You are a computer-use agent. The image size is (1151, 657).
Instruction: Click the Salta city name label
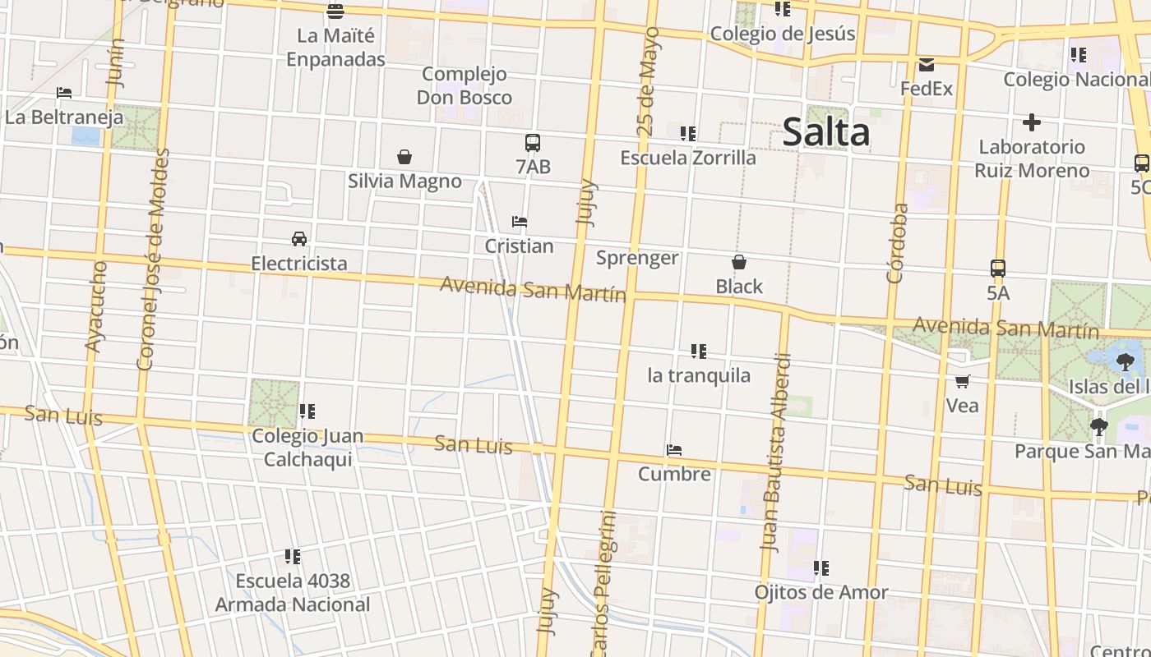click(x=825, y=132)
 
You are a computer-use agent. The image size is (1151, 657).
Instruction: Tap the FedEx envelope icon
click(x=927, y=65)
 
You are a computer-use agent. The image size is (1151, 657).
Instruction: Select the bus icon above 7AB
click(x=533, y=143)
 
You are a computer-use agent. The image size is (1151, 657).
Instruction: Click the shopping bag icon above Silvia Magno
click(x=404, y=157)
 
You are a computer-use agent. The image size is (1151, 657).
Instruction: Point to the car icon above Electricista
click(x=299, y=239)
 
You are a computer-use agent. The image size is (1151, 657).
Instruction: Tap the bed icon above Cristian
click(x=520, y=222)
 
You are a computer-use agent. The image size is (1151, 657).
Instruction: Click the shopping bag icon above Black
click(x=739, y=263)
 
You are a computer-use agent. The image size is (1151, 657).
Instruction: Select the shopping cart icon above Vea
click(x=962, y=381)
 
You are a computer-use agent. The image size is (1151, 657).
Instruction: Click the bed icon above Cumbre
click(x=674, y=450)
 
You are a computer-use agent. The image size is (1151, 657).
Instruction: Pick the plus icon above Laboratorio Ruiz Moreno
click(x=1032, y=123)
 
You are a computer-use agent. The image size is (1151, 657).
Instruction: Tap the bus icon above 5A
click(x=998, y=269)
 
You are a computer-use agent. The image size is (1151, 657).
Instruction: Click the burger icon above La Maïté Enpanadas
click(x=335, y=11)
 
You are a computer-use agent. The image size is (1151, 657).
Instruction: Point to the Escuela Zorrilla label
click(x=688, y=158)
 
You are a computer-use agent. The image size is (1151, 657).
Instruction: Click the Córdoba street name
click(x=898, y=243)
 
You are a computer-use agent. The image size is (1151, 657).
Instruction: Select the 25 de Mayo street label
click(x=649, y=82)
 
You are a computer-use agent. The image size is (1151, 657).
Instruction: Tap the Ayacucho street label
click(x=96, y=306)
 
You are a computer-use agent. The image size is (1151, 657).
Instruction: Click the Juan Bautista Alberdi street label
click(x=776, y=452)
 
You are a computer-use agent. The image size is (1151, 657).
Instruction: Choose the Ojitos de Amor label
click(x=821, y=592)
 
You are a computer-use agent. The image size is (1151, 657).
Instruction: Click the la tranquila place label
click(x=699, y=375)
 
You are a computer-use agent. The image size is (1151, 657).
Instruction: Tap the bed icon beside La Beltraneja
click(x=64, y=93)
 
